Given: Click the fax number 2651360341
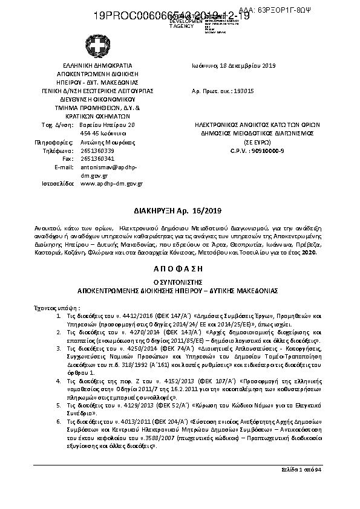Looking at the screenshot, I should click(x=97, y=158).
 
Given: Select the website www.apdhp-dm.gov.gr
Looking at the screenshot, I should click(x=111, y=183).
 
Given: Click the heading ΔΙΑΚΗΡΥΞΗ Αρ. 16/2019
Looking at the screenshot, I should click(x=180, y=210).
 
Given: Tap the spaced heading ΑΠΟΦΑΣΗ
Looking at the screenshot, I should click(x=180, y=267).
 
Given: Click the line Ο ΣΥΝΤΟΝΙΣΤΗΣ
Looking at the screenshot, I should click(x=180, y=282).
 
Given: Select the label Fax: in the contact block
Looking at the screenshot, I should click(x=68, y=158).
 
